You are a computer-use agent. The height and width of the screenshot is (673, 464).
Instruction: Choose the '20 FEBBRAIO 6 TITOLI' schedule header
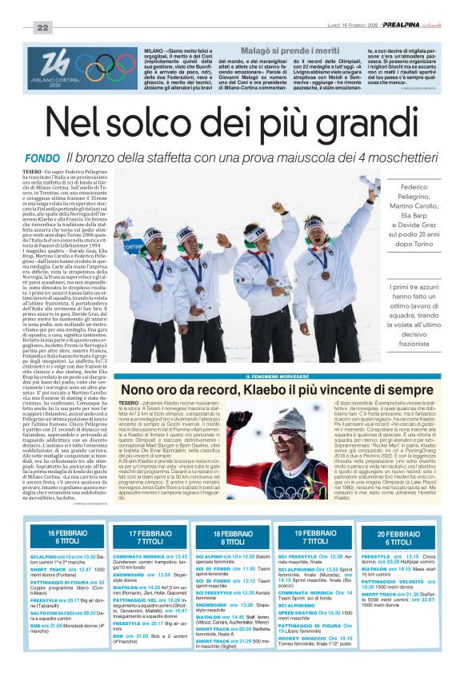click(398, 536)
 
